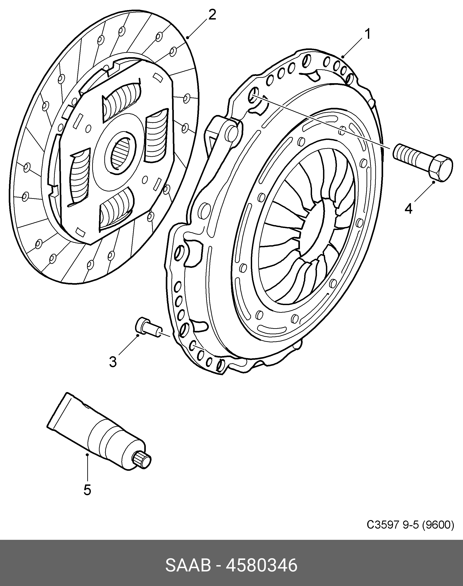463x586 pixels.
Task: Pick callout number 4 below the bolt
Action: (409, 209)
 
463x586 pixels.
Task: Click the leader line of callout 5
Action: (87, 468)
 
